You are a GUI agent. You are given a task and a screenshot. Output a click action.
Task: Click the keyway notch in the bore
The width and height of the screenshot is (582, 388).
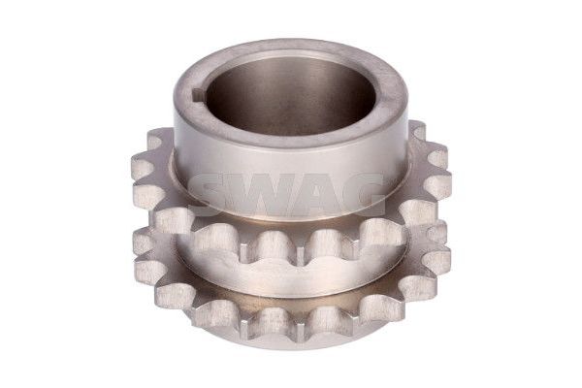pos(198,96)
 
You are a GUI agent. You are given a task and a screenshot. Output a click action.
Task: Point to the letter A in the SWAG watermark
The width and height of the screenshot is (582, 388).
pos(321,194)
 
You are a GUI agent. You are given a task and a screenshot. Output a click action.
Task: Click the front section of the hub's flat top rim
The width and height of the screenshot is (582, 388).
pos(289,141)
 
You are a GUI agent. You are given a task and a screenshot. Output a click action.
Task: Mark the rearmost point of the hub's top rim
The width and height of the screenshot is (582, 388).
pos(290,42)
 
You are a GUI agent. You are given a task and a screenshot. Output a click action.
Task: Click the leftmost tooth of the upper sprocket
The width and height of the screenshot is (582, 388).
pos(143,163)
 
